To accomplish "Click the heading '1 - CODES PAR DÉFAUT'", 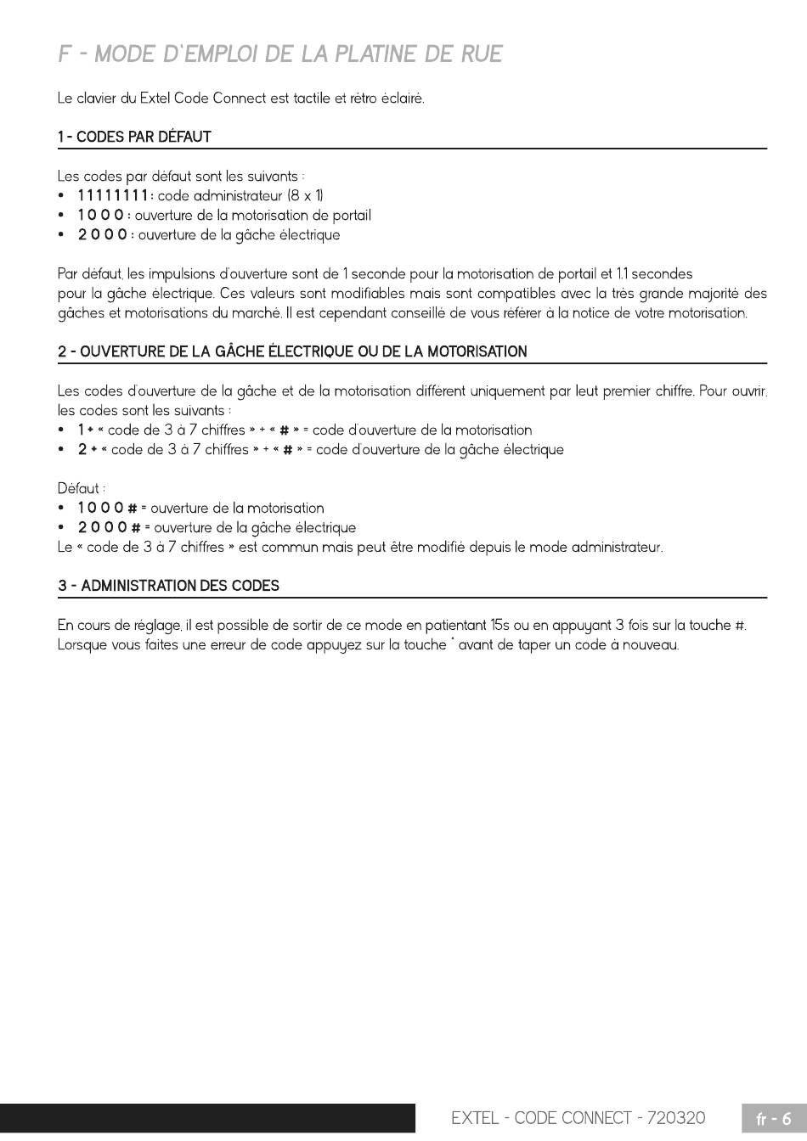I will pyautogui.click(x=134, y=137).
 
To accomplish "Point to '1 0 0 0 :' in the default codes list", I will pyautogui.click(x=104, y=216).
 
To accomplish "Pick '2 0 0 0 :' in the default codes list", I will pyautogui.click(x=104, y=235).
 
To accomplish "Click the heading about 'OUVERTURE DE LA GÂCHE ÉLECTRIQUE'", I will pyautogui.click(x=292, y=351).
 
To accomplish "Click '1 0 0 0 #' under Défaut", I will pyautogui.click(x=108, y=509).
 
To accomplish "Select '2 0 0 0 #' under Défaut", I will pyautogui.click(x=108, y=528).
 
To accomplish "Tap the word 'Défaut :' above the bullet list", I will pyautogui.click(x=82, y=489).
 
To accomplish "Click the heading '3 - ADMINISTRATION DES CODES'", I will pyautogui.click(x=168, y=586).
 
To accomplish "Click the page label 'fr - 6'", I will pyautogui.click(x=773, y=1119).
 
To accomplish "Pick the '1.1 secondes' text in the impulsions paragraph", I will pyautogui.click(x=655, y=274).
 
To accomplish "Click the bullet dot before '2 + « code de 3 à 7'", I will pyautogui.click(x=62, y=450).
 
